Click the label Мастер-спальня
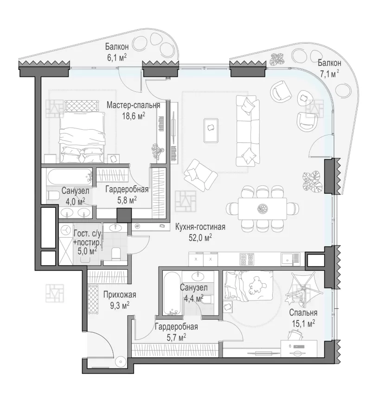coord(133,105)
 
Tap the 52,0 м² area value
coord(200,237)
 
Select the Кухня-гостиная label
coord(200,227)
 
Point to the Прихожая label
coord(120,295)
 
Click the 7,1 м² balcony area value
coord(329,74)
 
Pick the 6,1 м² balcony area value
coord(117,57)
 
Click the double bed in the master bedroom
coord(82,138)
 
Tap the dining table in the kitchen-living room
coord(262,208)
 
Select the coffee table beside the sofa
coord(211,130)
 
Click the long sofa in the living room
coord(247,131)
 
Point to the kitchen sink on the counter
coord(290,259)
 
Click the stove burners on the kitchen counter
coord(247,259)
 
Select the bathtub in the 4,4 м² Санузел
coord(172,293)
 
